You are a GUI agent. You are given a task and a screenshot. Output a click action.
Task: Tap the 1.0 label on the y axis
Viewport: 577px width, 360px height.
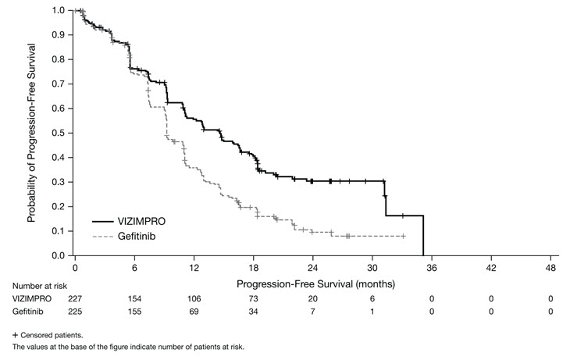(x=57, y=10)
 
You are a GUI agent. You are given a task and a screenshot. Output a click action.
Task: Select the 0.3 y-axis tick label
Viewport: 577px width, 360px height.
(x=57, y=182)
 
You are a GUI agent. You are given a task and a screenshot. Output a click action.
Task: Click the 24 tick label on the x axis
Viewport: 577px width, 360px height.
(x=312, y=266)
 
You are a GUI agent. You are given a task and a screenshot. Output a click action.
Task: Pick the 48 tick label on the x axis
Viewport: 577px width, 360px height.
(x=550, y=266)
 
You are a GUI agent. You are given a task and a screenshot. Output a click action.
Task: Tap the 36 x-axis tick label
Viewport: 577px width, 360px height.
(x=431, y=266)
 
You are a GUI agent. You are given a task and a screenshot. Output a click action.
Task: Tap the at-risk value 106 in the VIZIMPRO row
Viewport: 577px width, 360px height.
(x=193, y=298)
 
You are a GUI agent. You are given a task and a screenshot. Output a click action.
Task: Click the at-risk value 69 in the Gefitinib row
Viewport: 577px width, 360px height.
(x=193, y=312)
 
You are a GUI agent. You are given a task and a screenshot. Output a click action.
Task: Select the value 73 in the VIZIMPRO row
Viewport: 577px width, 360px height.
(x=252, y=298)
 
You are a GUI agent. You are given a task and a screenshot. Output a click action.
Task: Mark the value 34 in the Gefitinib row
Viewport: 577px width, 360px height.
(x=252, y=312)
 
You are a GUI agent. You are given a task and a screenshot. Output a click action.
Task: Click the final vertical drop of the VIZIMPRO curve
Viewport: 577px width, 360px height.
(x=423, y=234)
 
